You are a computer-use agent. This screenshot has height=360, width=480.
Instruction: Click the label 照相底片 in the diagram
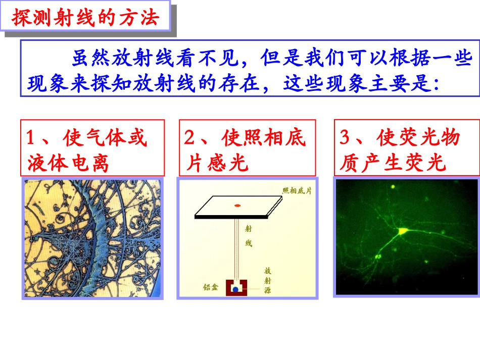[x=297, y=190]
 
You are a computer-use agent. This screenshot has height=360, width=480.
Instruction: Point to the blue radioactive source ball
[x=235, y=289]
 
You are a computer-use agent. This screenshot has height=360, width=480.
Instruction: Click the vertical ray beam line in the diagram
[x=235, y=247]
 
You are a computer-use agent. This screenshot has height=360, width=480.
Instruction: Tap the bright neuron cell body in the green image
[x=403, y=231]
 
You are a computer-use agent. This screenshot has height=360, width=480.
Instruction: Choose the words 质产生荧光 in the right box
[x=393, y=163]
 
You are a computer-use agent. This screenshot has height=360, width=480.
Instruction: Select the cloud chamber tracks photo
[x=94, y=238]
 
